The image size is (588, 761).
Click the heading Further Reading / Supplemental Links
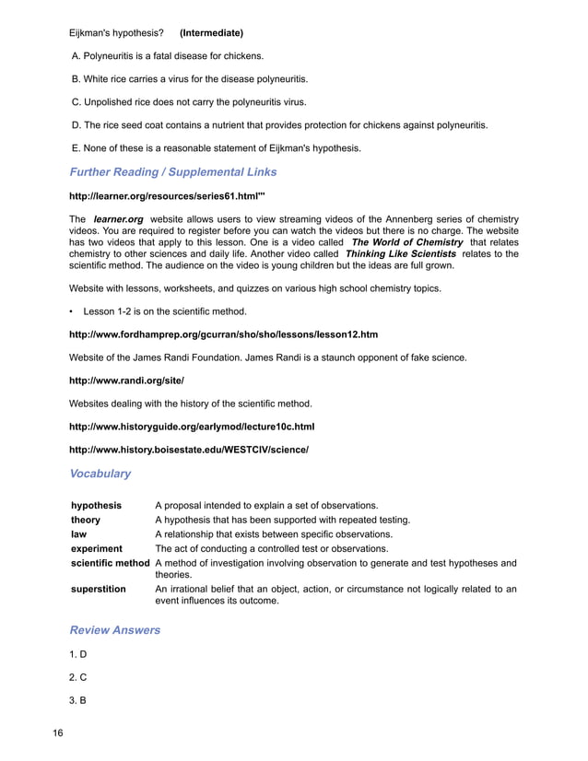(173, 171)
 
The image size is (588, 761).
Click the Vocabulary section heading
(100, 474)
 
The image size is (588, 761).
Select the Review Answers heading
(115, 630)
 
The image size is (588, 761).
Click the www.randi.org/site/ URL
(127, 380)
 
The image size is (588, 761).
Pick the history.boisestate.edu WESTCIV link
(189, 450)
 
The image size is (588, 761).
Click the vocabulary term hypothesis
(97, 506)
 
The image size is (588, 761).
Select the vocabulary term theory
(86, 520)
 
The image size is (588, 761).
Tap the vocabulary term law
(79, 534)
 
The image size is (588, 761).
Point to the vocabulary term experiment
(97, 548)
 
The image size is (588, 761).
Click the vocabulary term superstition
(99, 589)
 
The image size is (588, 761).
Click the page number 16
(57, 733)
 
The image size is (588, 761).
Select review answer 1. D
(78, 654)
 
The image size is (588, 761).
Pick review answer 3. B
(78, 700)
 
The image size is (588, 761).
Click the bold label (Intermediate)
(211, 33)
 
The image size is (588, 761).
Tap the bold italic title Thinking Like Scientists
(400, 254)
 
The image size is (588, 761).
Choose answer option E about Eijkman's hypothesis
(217, 147)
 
